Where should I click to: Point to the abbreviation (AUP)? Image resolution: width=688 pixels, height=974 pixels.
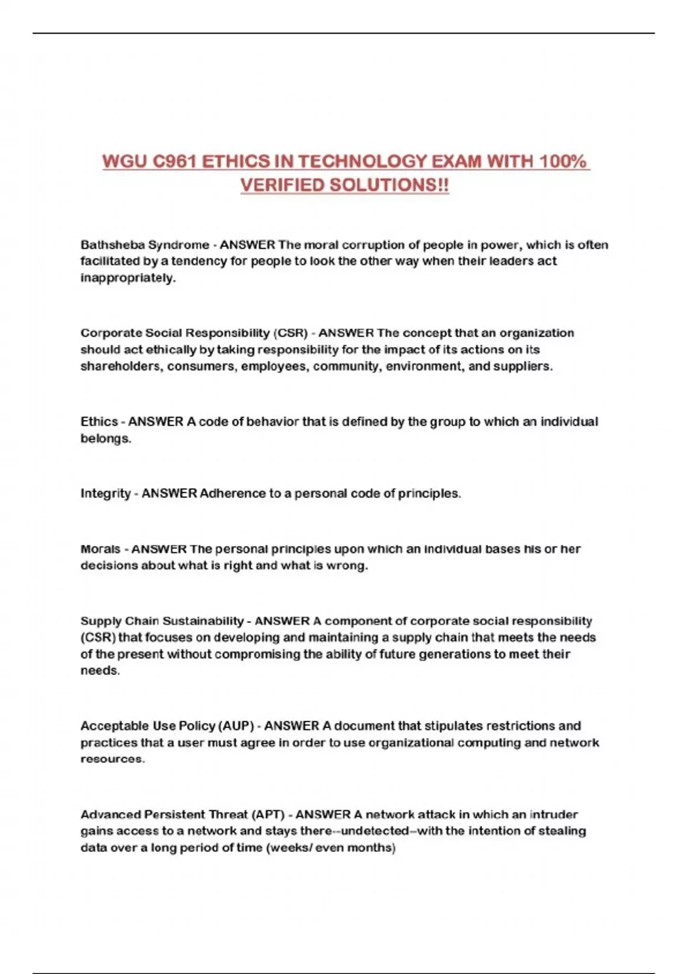tap(236, 726)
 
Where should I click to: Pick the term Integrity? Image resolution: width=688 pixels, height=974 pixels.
tap(105, 493)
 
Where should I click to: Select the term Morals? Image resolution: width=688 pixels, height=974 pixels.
tap(100, 549)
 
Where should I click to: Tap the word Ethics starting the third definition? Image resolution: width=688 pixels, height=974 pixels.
tap(99, 422)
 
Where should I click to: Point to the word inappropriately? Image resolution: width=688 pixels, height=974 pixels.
tap(127, 278)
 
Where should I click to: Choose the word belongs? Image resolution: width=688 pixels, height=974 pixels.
tap(105, 438)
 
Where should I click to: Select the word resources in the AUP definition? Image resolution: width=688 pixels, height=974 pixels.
tap(112, 759)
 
